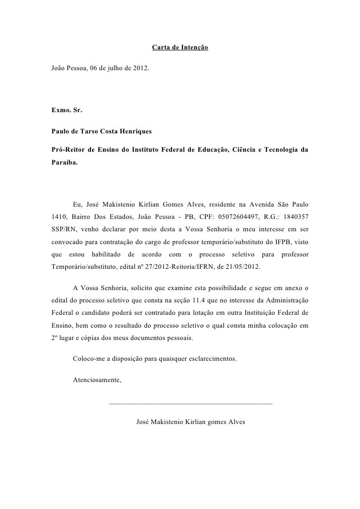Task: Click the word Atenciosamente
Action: pyautogui.click(x=97, y=381)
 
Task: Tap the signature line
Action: pyautogui.click(x=190, y=404)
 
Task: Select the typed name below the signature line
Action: pyautogui.click(x=190, y=423)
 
